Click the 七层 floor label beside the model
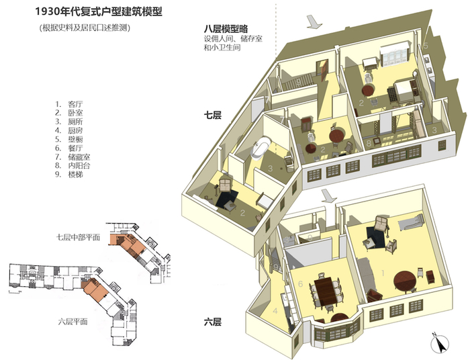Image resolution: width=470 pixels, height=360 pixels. (213, 116)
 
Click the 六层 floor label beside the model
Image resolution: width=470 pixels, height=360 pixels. (213, 322)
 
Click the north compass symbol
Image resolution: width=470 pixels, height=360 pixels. (440, 341)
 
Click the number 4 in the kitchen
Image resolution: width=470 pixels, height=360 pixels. (275, 311)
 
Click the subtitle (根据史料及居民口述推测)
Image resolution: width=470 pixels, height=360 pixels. (85, 28)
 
